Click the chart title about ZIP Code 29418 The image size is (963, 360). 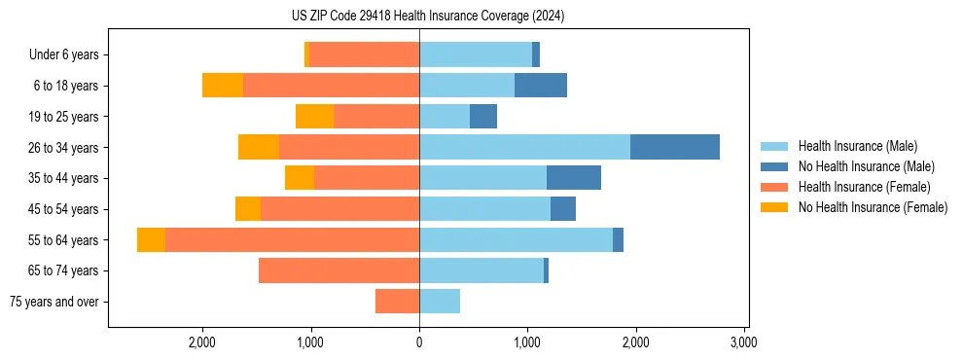(x=428, y=17)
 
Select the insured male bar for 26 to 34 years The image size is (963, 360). (x=524, y=147)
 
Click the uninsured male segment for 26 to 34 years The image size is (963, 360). (x=674, y=147)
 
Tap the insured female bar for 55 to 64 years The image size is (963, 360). (x=292, y=239)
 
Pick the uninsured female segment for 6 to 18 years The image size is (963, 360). (x=223, y=86)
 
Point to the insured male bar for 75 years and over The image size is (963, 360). (x=440, y=302)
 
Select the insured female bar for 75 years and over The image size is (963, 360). (x=397, y=302)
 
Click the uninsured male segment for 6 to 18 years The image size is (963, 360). (x=541, y=86)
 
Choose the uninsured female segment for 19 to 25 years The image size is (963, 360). (x=314, y=117)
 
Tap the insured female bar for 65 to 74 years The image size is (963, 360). (x=339, y=270)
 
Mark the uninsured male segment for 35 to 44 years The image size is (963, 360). (x=574, y=178)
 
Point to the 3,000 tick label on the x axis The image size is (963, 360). (x=743, y=342)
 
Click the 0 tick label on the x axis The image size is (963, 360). (x=419, y=342)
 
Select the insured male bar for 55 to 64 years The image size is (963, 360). (x=516, y=239)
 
